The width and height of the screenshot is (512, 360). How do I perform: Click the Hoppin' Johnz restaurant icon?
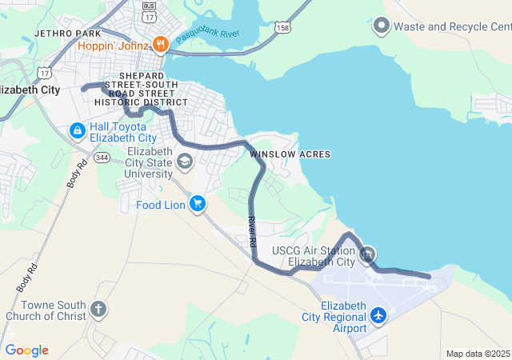(x=160, y=45)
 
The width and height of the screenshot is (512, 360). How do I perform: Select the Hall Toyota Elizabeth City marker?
(x=78, y=130)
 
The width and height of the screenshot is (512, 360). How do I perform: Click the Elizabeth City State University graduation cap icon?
(x=186, y=162)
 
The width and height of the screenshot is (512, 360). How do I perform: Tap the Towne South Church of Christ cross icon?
(x=98, y=309)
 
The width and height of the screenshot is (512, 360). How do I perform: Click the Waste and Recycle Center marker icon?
(x=381, y=26)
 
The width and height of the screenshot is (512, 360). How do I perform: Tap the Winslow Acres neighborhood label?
(x=290, y=154)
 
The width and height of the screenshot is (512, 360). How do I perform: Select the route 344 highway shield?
(x=102, y=158)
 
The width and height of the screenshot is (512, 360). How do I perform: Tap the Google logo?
(x=26, y=350)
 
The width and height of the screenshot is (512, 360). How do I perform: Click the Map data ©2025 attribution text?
(x=478, y=354)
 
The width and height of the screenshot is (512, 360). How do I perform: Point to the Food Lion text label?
(x=161, y=205)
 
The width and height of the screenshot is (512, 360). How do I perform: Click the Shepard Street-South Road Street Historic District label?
(x=141, y=89)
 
